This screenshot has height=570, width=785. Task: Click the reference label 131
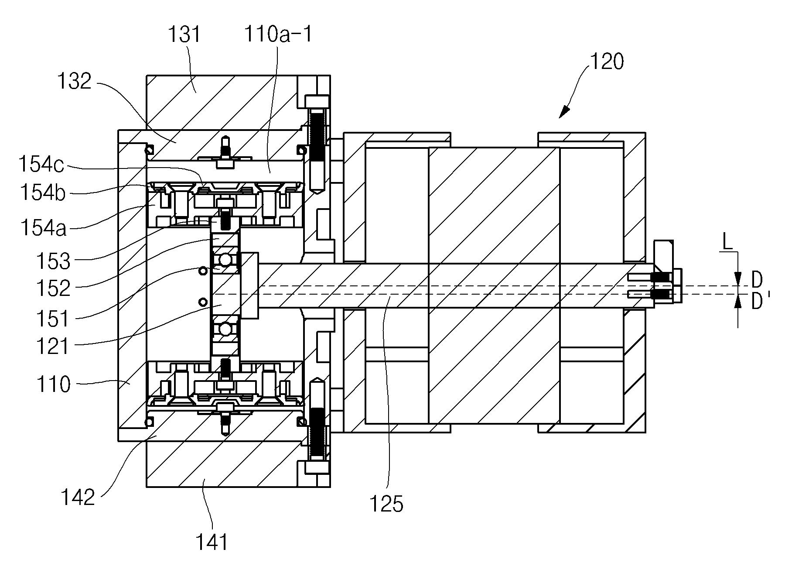184,34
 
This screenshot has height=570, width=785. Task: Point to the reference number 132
75,81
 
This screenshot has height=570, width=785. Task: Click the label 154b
42,192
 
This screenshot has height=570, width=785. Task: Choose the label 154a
42,227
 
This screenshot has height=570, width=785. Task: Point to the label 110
53,385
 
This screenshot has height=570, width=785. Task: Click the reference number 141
212,542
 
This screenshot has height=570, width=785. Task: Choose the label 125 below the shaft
386,504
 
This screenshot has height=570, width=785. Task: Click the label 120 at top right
607,62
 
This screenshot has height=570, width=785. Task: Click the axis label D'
760,302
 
